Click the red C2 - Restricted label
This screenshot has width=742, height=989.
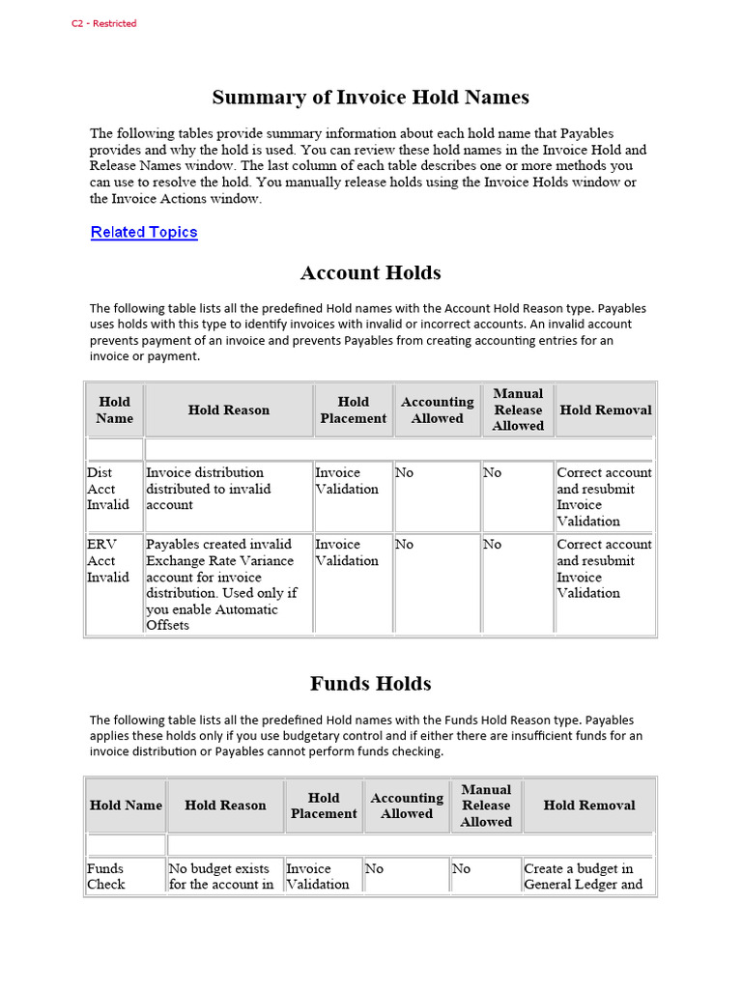point(104,23)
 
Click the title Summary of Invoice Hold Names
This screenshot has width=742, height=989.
point(370,98)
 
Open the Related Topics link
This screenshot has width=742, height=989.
point(144,232)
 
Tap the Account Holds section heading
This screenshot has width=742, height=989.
point(370,273)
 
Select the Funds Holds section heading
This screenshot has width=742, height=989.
point(370,684)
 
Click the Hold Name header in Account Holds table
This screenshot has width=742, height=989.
point(114,410)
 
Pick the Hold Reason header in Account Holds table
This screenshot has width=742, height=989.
point(229,410)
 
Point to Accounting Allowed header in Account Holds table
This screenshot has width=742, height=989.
point(437,410)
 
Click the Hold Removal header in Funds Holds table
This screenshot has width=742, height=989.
point(588,805)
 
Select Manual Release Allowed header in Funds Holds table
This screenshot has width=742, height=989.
point(486,805)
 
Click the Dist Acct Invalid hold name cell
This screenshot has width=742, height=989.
point(108,489)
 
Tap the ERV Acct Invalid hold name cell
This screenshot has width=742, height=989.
point(108,561)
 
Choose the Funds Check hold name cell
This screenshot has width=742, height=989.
point(106,876)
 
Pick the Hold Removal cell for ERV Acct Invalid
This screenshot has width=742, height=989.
point(604,569)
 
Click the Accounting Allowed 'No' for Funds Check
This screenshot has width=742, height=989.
point(375,869)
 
